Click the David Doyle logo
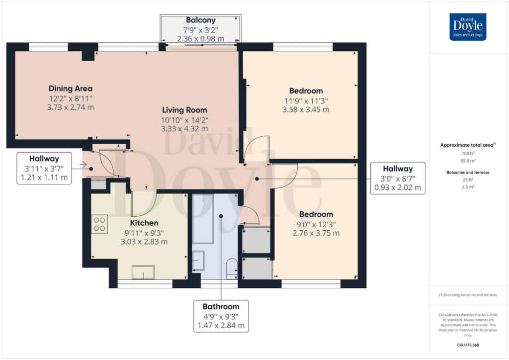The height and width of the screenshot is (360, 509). tap(468, 27)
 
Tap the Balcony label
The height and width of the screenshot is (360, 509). tap(201, 20)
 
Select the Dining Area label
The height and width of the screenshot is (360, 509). tap(71, 89)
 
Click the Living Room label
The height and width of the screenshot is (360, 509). tap(184, 110)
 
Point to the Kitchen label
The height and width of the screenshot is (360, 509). tap(144, 223)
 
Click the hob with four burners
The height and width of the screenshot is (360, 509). tap(99, 224)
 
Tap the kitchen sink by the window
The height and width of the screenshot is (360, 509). tap(143, 272)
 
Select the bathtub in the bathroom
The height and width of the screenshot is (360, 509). tap(203, 219)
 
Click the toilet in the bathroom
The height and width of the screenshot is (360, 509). tap(232, 268)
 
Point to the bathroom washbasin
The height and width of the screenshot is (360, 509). tap(198, 261)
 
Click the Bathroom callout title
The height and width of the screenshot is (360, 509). tap(221, 307)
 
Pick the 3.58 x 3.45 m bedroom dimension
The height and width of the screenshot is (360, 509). tap(306, 110)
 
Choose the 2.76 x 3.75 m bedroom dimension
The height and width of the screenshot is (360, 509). tap(316, 233)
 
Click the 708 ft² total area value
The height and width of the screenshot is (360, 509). tap(468, 153)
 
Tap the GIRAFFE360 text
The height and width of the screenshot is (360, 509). tap(468, 345)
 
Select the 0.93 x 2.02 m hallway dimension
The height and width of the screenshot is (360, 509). tap(398, 187)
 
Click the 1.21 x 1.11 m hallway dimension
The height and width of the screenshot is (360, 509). tap(44, 178)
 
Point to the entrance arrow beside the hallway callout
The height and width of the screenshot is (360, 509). tap(83, 165)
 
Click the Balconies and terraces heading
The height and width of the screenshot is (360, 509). tap(468, 173)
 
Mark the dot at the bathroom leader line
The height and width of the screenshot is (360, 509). tap(221, 216)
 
